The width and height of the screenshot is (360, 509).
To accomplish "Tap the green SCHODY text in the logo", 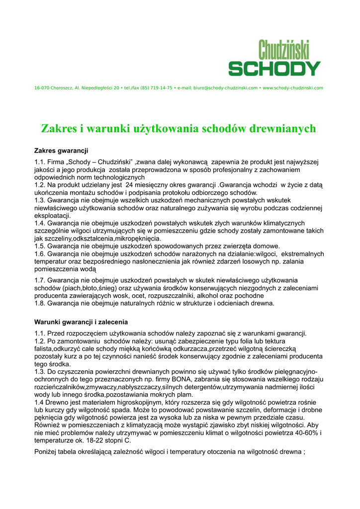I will pyautogui.click(x=275, y=69).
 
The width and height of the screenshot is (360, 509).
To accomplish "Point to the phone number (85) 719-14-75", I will pyautogui.click(x=155, y=88).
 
